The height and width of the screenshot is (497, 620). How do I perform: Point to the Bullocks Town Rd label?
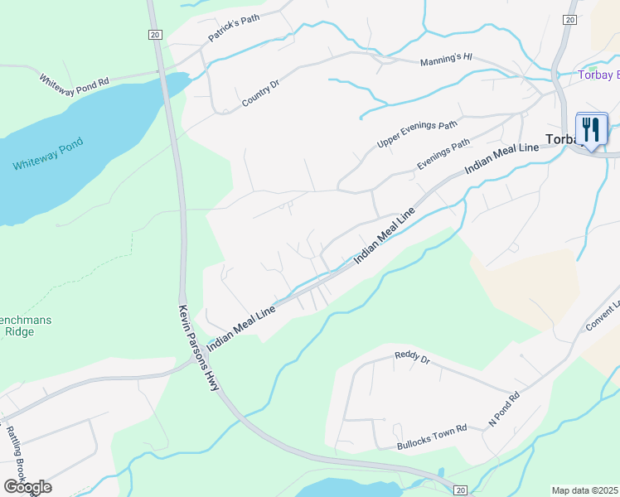[x=432, y=427]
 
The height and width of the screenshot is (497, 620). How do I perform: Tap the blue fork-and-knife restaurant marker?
[x=591, y=130]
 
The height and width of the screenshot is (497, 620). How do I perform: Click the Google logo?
[x=27, y=487]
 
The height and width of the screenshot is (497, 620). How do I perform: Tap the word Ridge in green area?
[x=18, y=331]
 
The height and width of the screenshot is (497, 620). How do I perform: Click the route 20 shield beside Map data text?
[x=461, y=490]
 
